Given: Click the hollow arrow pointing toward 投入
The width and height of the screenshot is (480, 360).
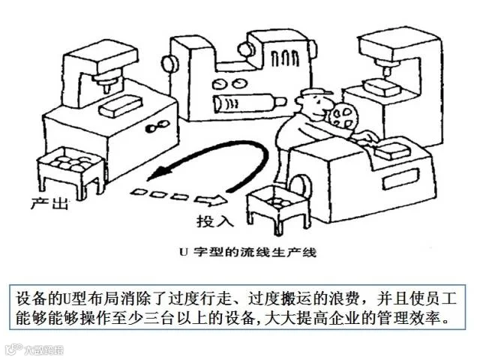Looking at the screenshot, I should (x=212, y=200).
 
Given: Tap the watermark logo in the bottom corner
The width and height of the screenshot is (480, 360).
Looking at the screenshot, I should (x=34, y=349).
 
